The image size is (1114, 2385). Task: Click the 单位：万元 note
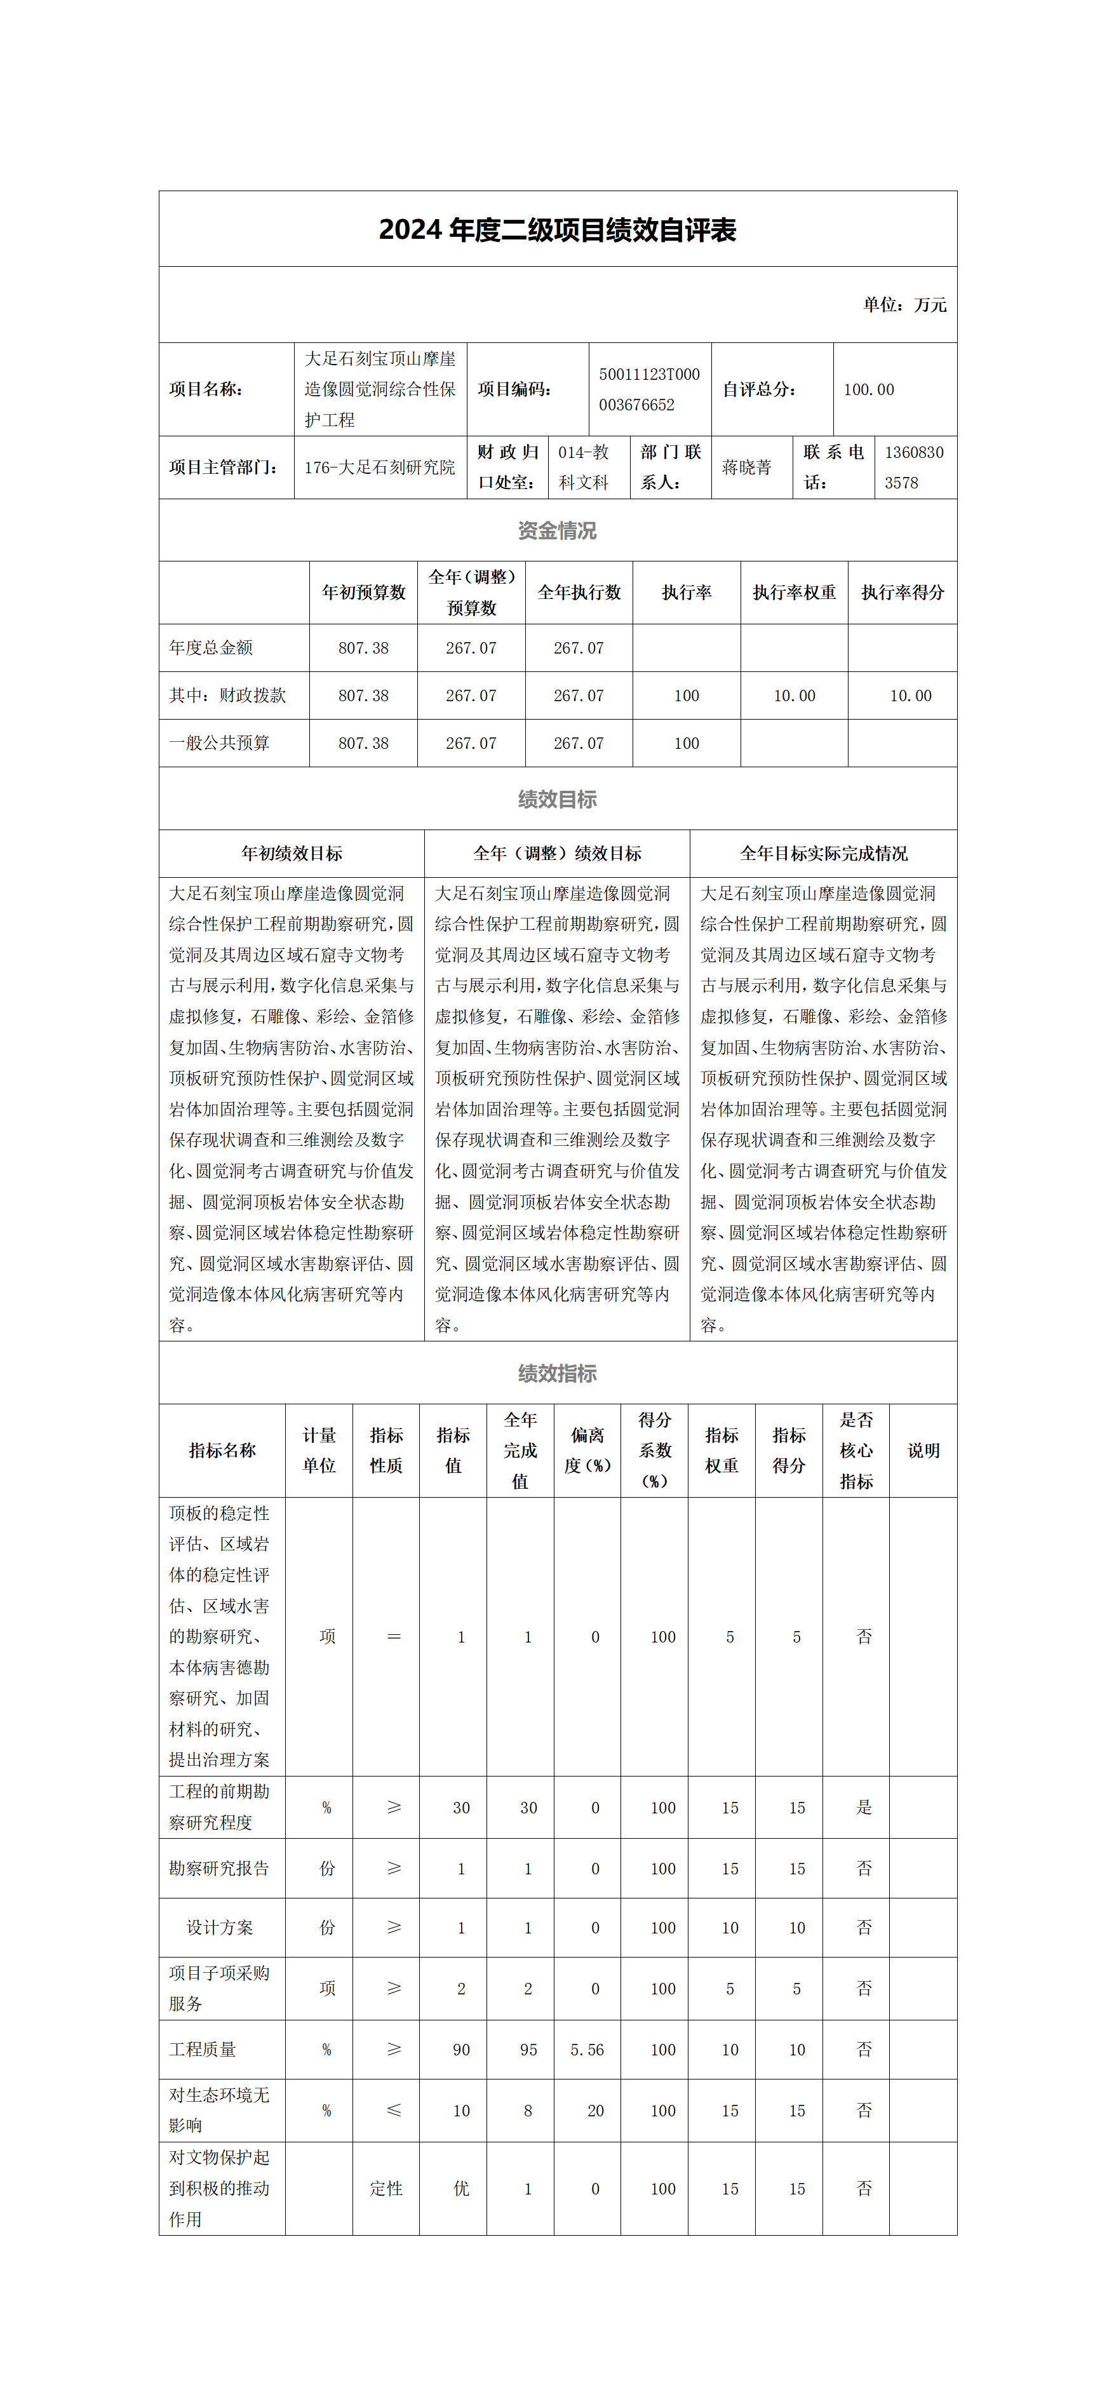[904, 305]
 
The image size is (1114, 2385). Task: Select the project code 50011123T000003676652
[649, 389]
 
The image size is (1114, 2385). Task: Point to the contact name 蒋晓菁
[746, 467]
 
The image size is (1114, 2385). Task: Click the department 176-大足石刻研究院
[380, 467]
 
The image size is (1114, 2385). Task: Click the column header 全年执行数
[579, 593]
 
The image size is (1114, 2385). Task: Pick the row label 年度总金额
[211, 648]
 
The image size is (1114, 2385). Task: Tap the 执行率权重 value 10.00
[795, 695]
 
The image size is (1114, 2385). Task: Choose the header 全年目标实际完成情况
[823, 854]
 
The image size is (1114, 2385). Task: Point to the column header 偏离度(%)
[587, 1450]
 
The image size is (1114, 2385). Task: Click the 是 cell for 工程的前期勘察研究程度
[864, 1807]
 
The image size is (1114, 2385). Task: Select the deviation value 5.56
[587, 2050]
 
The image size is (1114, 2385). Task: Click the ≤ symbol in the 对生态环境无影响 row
[394, 2110]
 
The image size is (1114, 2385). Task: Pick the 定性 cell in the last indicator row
[386, 2189]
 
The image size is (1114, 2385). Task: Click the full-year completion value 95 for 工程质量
[528, 2050]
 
